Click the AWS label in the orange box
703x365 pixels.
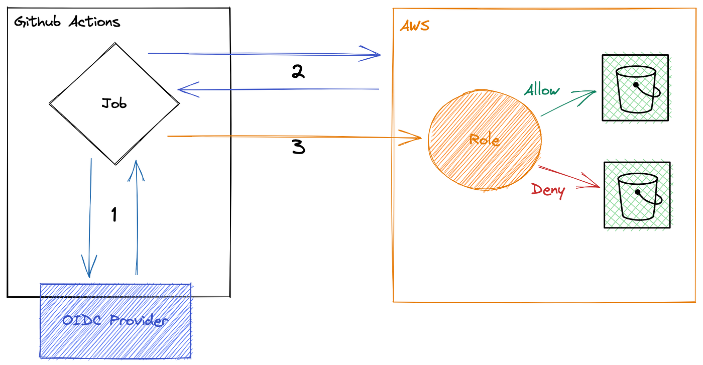[x=414, y=26]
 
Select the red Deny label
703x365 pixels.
[x=548, y=191]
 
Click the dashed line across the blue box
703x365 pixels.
[x=116, y=297]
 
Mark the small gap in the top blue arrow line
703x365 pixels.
[x=230, y=53]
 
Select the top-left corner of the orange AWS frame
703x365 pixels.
[x=392, y=9]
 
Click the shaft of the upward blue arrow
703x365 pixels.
[x=136, y=226]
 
